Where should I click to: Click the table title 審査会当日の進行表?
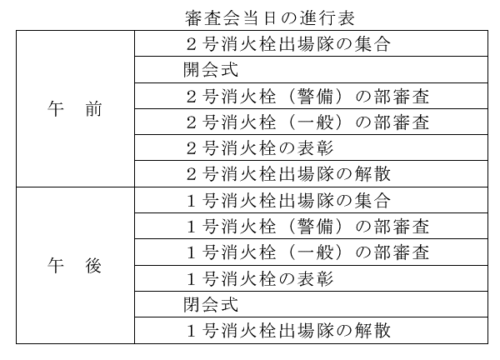(270, 18)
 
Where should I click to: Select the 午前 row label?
(75, 109)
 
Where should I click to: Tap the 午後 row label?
(75, 265)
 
